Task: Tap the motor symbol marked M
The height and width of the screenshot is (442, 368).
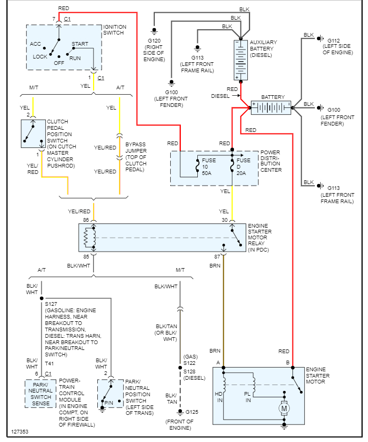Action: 285,408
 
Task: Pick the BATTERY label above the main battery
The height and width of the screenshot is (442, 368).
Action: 273,97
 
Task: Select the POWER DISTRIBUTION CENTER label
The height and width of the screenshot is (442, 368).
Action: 271,161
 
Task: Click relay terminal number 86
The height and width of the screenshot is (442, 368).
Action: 86,220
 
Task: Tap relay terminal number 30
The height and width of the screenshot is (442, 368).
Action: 224,220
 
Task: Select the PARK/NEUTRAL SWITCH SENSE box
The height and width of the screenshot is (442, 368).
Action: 40,394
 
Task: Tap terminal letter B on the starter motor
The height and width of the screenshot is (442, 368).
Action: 288,363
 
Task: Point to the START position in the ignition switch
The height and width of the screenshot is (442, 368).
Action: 80,44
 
